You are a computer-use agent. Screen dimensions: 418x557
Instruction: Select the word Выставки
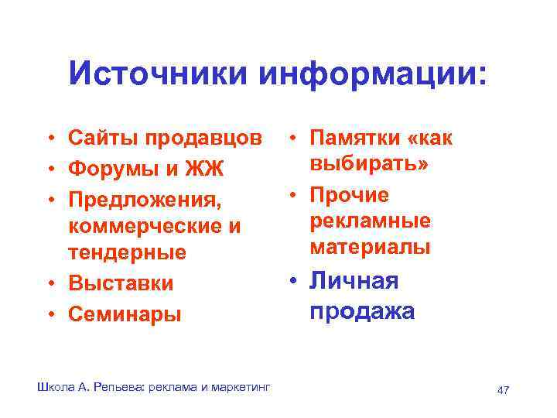tap(120, 283)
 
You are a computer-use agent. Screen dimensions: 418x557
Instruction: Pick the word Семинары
tap(124, 314)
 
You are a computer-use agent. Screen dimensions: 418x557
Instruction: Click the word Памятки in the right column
tap(353, 139)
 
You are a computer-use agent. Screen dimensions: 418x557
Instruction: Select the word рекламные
tap(370, 221)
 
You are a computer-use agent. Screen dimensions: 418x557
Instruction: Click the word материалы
tap(370, 248)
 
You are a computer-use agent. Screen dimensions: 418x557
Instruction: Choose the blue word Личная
tap(354, 281)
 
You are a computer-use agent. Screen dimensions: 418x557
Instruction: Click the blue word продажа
tap(361, 311)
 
